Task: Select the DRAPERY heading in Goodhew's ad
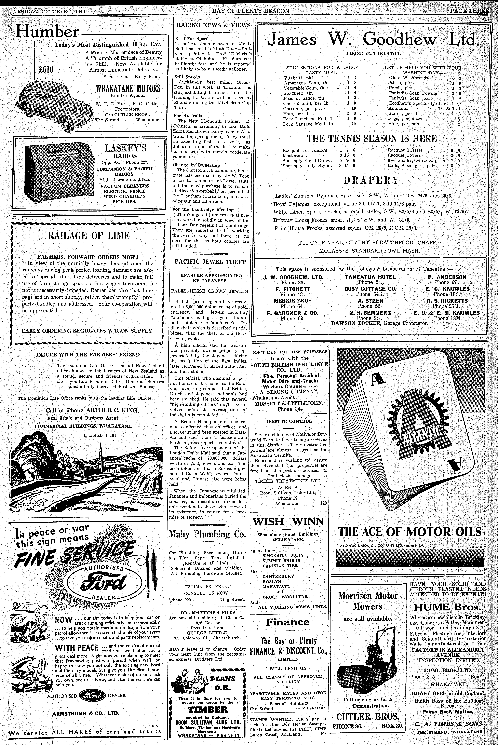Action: pyautogui.click(x=371, y=180)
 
